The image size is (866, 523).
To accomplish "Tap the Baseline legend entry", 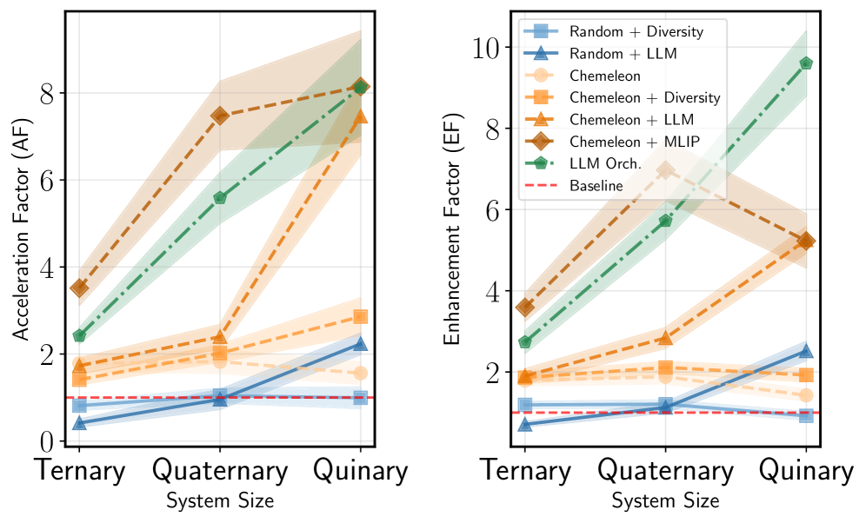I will pyautogui.click(x=596, y=186).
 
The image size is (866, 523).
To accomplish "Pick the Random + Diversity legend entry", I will pyautogui.click(x=636, y=31).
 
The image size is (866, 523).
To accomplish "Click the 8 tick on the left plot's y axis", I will pyautogui.click(x=50, y=93).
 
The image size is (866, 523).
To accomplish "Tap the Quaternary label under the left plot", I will pyautogui.click(x=220, y=471).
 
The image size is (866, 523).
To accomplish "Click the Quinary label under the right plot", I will pyautogui.click(x=806, y=471).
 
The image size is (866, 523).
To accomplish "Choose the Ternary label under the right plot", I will pyautogui.click(x=525, y=471).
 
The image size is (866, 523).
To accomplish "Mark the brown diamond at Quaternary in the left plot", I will pyautogui.click(x=220, y=116).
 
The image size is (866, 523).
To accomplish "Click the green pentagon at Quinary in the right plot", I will pyautogui.click(x=806, y=63).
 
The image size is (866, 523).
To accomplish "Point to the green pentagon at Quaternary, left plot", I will pyautogui.click(x=220, y=197).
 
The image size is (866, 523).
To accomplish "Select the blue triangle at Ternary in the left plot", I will pyautogui.click(x=79, y=423).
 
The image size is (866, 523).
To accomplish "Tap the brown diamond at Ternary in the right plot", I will pyautogui.click(x=525, y=307).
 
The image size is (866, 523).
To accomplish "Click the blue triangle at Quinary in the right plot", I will pyautogui.click(x=806, y=351).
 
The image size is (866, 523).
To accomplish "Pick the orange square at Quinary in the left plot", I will pyautogui.click(x=360, y=316).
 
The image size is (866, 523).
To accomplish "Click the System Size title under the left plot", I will pyautogui.click(x=219, y=500).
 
